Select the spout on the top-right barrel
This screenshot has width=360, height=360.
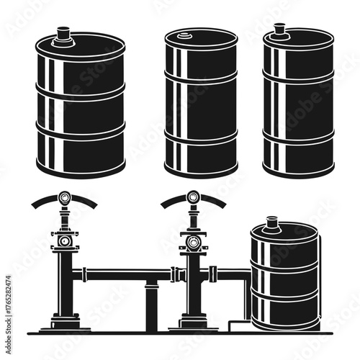(279, 32)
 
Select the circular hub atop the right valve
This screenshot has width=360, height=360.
(193, 195)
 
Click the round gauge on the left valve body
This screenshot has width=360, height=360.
(65, 240)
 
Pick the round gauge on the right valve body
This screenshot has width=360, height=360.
(192, 240)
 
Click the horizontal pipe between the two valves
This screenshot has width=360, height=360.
(126, 274)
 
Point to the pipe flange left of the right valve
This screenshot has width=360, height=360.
(175, 274)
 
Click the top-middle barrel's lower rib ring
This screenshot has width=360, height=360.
(201, 135)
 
